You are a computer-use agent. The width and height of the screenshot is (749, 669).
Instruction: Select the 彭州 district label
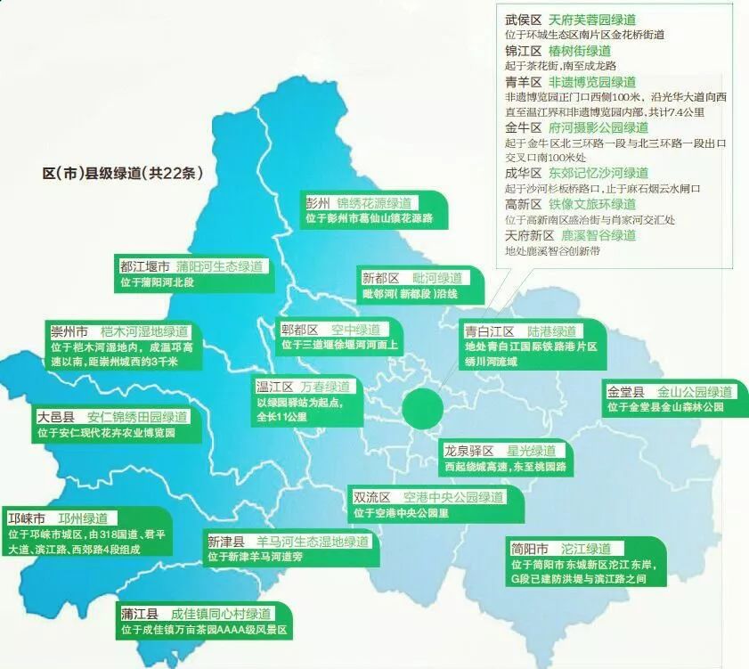(317, 202)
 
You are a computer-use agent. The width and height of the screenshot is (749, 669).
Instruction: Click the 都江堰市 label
(144, 266)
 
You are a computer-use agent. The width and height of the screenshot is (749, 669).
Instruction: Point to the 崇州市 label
(69, 330)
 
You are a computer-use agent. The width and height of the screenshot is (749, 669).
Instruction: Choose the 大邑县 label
(55, 417)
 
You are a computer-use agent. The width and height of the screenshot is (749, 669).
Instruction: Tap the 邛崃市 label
(27, 518)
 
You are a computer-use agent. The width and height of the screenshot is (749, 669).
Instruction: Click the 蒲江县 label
(140, 614)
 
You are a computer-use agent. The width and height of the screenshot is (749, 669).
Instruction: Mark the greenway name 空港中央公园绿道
(453, 497)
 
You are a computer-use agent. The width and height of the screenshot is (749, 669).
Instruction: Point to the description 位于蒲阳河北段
(157, 282)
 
